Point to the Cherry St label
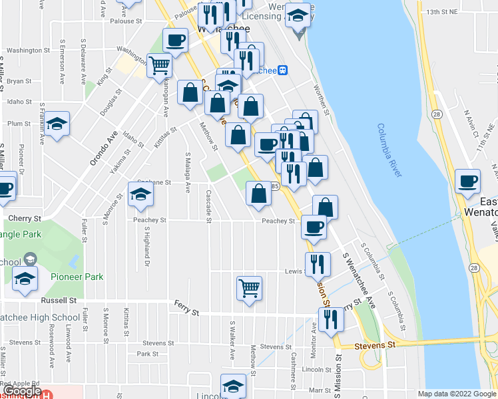pyautogui.click(x=25, y=217)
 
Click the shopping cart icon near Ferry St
pyautogui.click(x=249, y=288)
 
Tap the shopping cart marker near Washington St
pyautogui.click(x=160, y=66)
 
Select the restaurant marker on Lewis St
pyautogui.click(x=318, y=264)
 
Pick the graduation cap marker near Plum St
pyautogui.click(x=57, y=124)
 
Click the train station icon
pyautogui.click(x=283, y=70)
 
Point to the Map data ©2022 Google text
pyautogui.click(x=456, y=394)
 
